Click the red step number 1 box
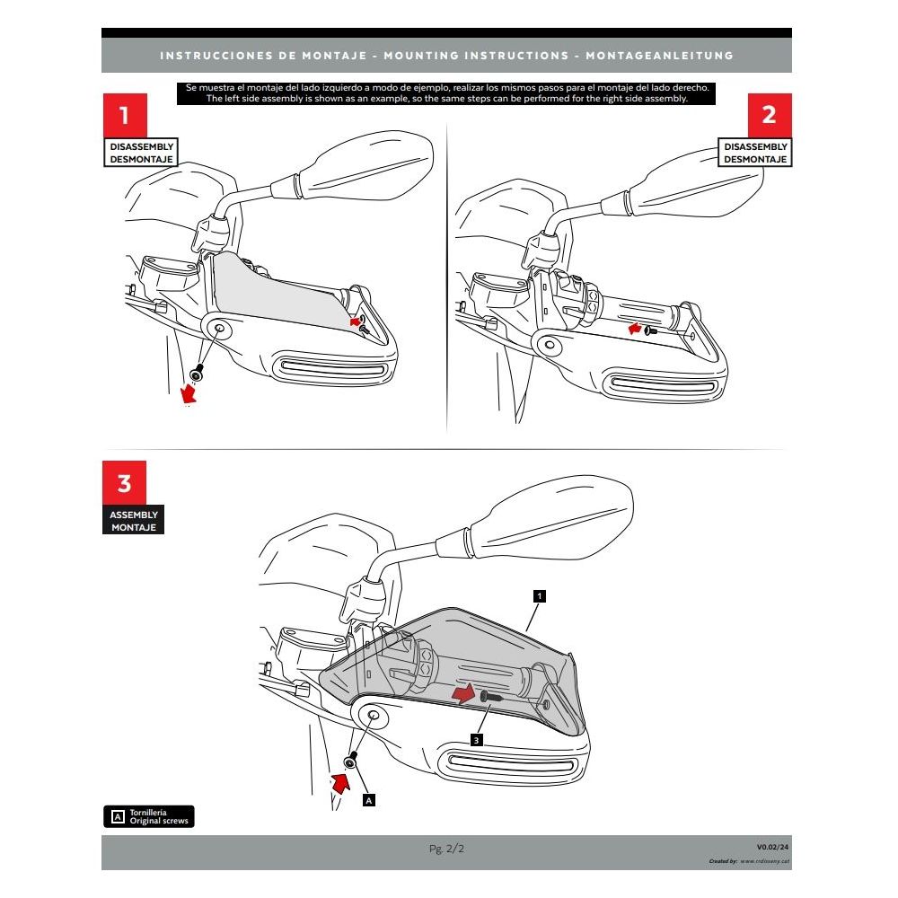click(124, 116)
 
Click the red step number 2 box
click(770, 116)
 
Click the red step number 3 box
click(124, 484)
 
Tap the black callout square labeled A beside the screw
click(368, 797)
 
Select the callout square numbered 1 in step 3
click(538, 595)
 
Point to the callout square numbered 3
click(477, 739)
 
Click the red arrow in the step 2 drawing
click(636, 330)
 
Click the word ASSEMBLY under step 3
click(134, 515)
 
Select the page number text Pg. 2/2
click(446, 848)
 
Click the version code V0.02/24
click(772, 847)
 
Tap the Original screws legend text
click(159, 822)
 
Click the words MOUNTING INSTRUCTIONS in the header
click(475, 56)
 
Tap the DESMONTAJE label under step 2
click(756, 159)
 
